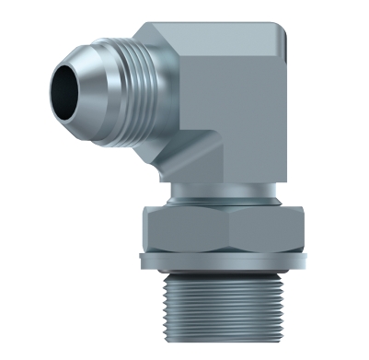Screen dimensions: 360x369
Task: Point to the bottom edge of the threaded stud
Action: coord(225,351)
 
